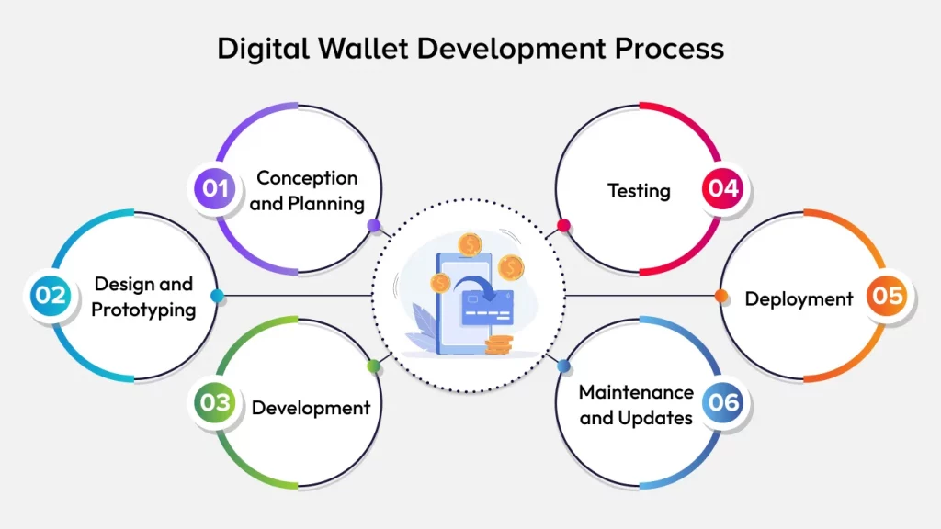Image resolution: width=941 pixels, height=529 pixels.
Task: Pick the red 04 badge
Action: point(723,189)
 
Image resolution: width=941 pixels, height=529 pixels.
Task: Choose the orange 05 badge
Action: point(890,297)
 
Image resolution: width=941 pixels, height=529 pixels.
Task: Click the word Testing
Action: point(639,191)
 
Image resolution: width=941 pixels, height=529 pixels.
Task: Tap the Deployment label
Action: point(799,298)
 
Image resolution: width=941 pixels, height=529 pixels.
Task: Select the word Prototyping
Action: point(143,310)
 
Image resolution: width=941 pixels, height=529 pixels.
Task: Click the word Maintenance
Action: point(636,392)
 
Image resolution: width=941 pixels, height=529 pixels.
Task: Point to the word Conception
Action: point(307,177)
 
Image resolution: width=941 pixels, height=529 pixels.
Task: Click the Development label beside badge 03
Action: point(311,407)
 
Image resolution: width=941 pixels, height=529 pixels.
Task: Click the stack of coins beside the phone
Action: point(499,345)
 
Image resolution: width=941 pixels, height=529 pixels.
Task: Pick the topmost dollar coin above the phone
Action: point(471,244)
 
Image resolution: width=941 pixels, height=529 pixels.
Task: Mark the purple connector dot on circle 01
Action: point(373,225)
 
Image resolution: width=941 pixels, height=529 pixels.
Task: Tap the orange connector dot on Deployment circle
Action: point(721,296)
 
